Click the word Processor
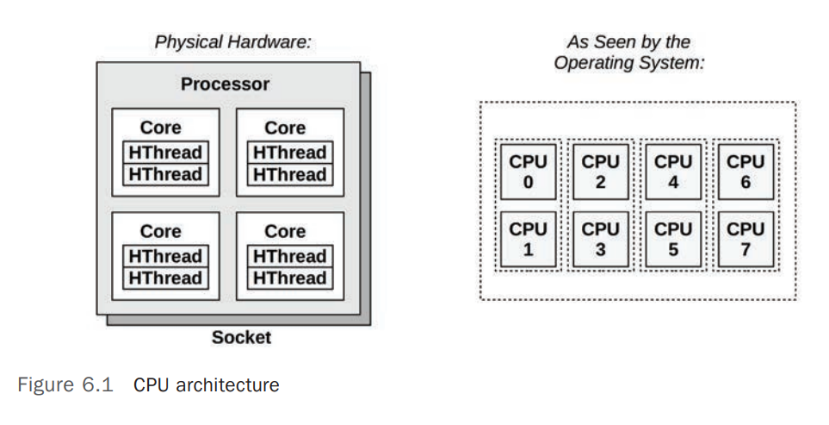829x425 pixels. pos(225,84)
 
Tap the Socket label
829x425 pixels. pos(241,337)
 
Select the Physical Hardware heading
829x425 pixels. pos(232,41)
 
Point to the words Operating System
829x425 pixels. pos(629,63)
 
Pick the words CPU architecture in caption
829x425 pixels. pos(206,384)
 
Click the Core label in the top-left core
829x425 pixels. pos(160,128)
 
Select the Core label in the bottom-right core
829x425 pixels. pos(285,231)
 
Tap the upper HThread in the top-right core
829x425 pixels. pos(290,153)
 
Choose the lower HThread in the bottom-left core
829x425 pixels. pos(165,278)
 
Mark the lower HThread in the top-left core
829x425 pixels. pos(165,174)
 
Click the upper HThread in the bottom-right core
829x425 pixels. pos(290,256)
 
